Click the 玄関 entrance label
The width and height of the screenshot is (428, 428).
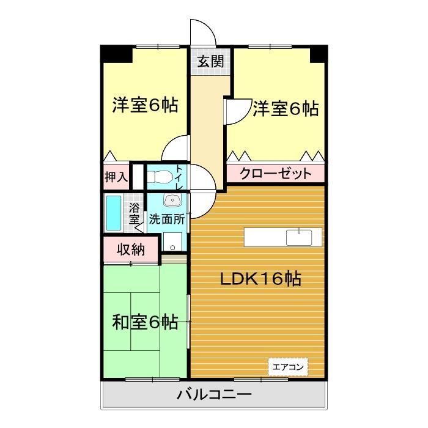coord(210,61)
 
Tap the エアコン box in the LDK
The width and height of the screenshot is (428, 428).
coord(288,367)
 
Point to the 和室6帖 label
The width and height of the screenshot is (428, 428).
coord(145,322)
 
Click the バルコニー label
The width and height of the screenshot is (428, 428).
coord(214,395)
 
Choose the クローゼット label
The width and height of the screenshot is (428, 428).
coord(275,174)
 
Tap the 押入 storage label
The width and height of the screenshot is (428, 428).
coord(116,177)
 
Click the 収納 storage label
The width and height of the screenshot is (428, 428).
coord(130,249)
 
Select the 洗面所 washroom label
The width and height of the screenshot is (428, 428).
coord(168,218)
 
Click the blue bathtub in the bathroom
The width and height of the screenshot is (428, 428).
coord(113,212)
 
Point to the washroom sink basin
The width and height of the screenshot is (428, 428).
coord(173,200)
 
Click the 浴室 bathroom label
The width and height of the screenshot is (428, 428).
coord(134,212)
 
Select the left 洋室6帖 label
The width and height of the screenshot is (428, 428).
coord(145,105)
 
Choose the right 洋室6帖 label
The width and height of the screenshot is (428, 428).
coord(286,109)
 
